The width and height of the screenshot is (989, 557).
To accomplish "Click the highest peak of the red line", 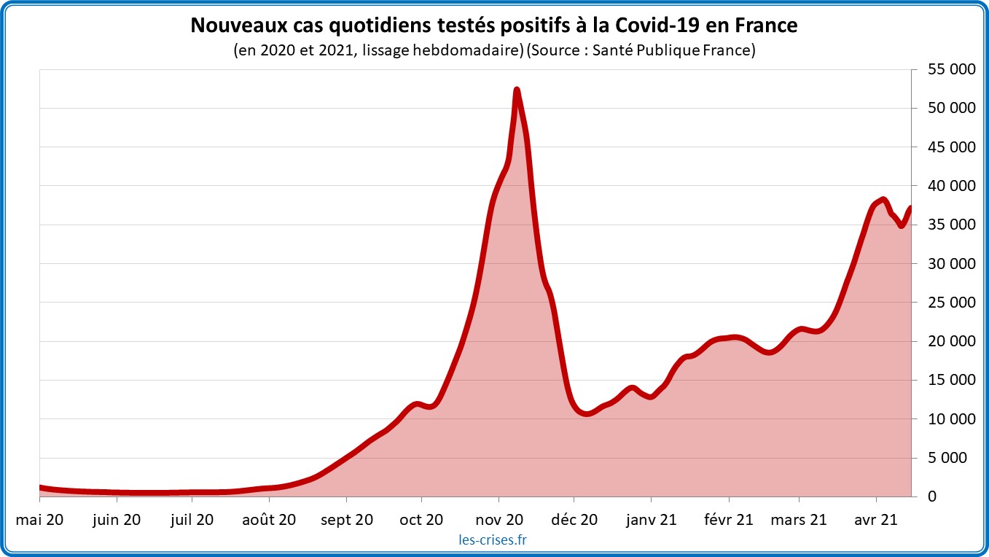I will coord(517,90).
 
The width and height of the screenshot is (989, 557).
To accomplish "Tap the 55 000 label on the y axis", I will coord(950,70).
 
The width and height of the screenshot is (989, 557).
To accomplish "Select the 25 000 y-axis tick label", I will coord(950,303).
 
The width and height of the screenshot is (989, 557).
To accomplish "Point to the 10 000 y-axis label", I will coord(950,419).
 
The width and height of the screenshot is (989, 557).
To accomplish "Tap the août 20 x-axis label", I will coord(268,520).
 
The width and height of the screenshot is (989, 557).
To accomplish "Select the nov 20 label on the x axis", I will coord(499,520).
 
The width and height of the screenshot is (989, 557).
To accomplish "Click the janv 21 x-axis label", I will coord(651,520).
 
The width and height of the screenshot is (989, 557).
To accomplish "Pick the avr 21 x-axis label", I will coord(875,520).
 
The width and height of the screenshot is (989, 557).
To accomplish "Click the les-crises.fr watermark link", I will coord(493,540).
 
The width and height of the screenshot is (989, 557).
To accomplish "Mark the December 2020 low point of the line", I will coord(587,414).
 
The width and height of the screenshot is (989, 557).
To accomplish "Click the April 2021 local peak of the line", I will coord(883,199).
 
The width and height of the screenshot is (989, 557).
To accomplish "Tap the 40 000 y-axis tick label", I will coord(950,186).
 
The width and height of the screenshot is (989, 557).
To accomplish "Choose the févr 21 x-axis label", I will coord(729,520).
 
